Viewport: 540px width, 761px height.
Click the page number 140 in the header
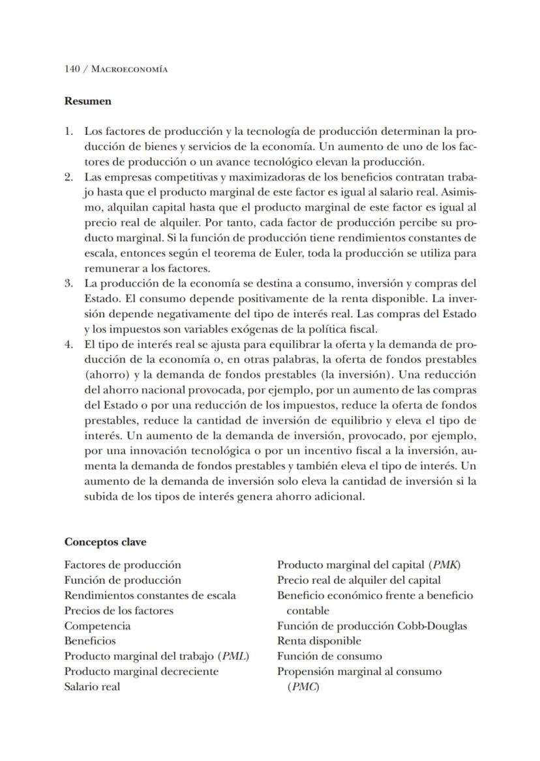click(72, 69)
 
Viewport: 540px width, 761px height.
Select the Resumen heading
click(87, 101)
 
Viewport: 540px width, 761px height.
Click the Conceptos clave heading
click(105, 542)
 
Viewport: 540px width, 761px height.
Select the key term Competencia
click(97, 626)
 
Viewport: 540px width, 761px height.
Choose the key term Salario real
click(92, 687)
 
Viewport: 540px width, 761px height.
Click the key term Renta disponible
click(319, 641)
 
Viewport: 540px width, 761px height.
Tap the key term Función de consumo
click(329, 656)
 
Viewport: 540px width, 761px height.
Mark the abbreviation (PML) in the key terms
click(235, 656)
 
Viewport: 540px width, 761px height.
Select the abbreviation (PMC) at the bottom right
click(303, 687)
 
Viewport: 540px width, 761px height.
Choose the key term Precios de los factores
click(119, 610)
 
